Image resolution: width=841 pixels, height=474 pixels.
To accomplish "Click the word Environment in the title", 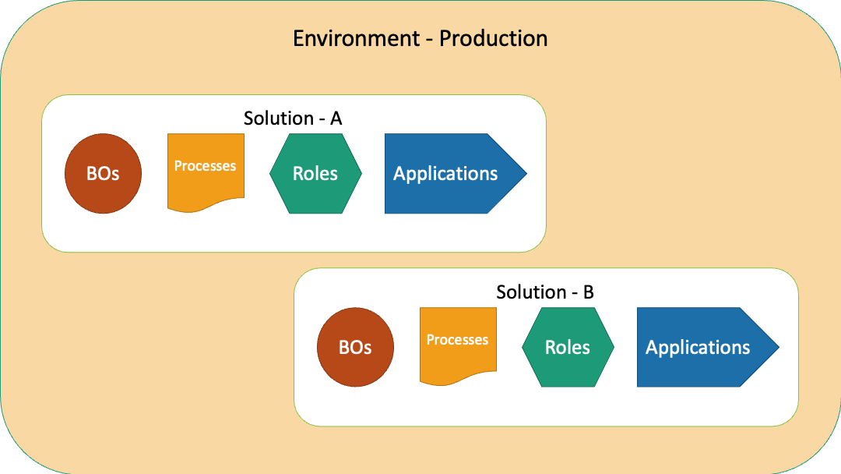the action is tap(356, 39).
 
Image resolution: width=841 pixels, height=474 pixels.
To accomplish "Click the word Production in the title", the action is tap(494, 39).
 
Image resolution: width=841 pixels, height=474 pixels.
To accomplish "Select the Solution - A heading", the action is tap(293, 118).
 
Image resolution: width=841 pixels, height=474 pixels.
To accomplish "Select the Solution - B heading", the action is tap(545, 292).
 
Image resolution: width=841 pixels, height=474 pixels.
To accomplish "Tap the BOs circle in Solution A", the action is tap(103, 173).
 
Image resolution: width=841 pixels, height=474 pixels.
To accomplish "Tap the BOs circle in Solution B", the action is tap(355, 347).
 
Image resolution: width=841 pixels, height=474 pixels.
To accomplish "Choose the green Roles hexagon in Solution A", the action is tap(315, 173).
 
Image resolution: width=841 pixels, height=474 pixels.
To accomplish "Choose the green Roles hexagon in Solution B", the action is tap(568, 347).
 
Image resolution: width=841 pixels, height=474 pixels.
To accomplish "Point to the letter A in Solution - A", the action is tap(336, 118).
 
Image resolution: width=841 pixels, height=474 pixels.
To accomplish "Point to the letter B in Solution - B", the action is tap(589, 292).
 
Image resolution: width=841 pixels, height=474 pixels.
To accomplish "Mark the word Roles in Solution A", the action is tap(315, 173).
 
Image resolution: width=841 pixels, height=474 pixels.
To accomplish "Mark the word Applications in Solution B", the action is tap(698, 348).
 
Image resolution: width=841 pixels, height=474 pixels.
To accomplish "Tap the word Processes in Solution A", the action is tap(205, 166).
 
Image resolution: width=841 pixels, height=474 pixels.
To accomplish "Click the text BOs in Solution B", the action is tap(355, 347).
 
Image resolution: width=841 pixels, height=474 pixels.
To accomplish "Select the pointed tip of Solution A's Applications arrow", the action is tap(526, 173).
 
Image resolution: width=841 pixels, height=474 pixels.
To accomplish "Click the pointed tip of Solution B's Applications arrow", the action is tap(779, 347).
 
